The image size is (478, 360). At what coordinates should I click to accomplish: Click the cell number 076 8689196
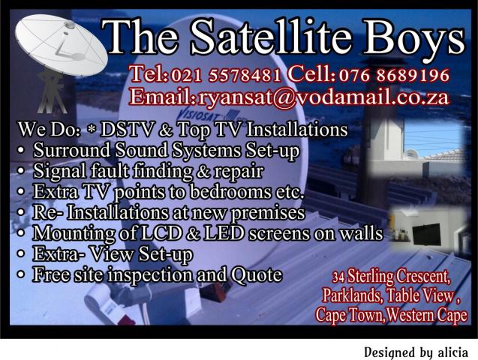pyautogui.click(x=394, y=75)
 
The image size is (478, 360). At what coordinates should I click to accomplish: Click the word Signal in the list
pyautogui.click(x=57, y=171)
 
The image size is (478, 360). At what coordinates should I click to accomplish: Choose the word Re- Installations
pyautogui.click(x=98, y=213)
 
